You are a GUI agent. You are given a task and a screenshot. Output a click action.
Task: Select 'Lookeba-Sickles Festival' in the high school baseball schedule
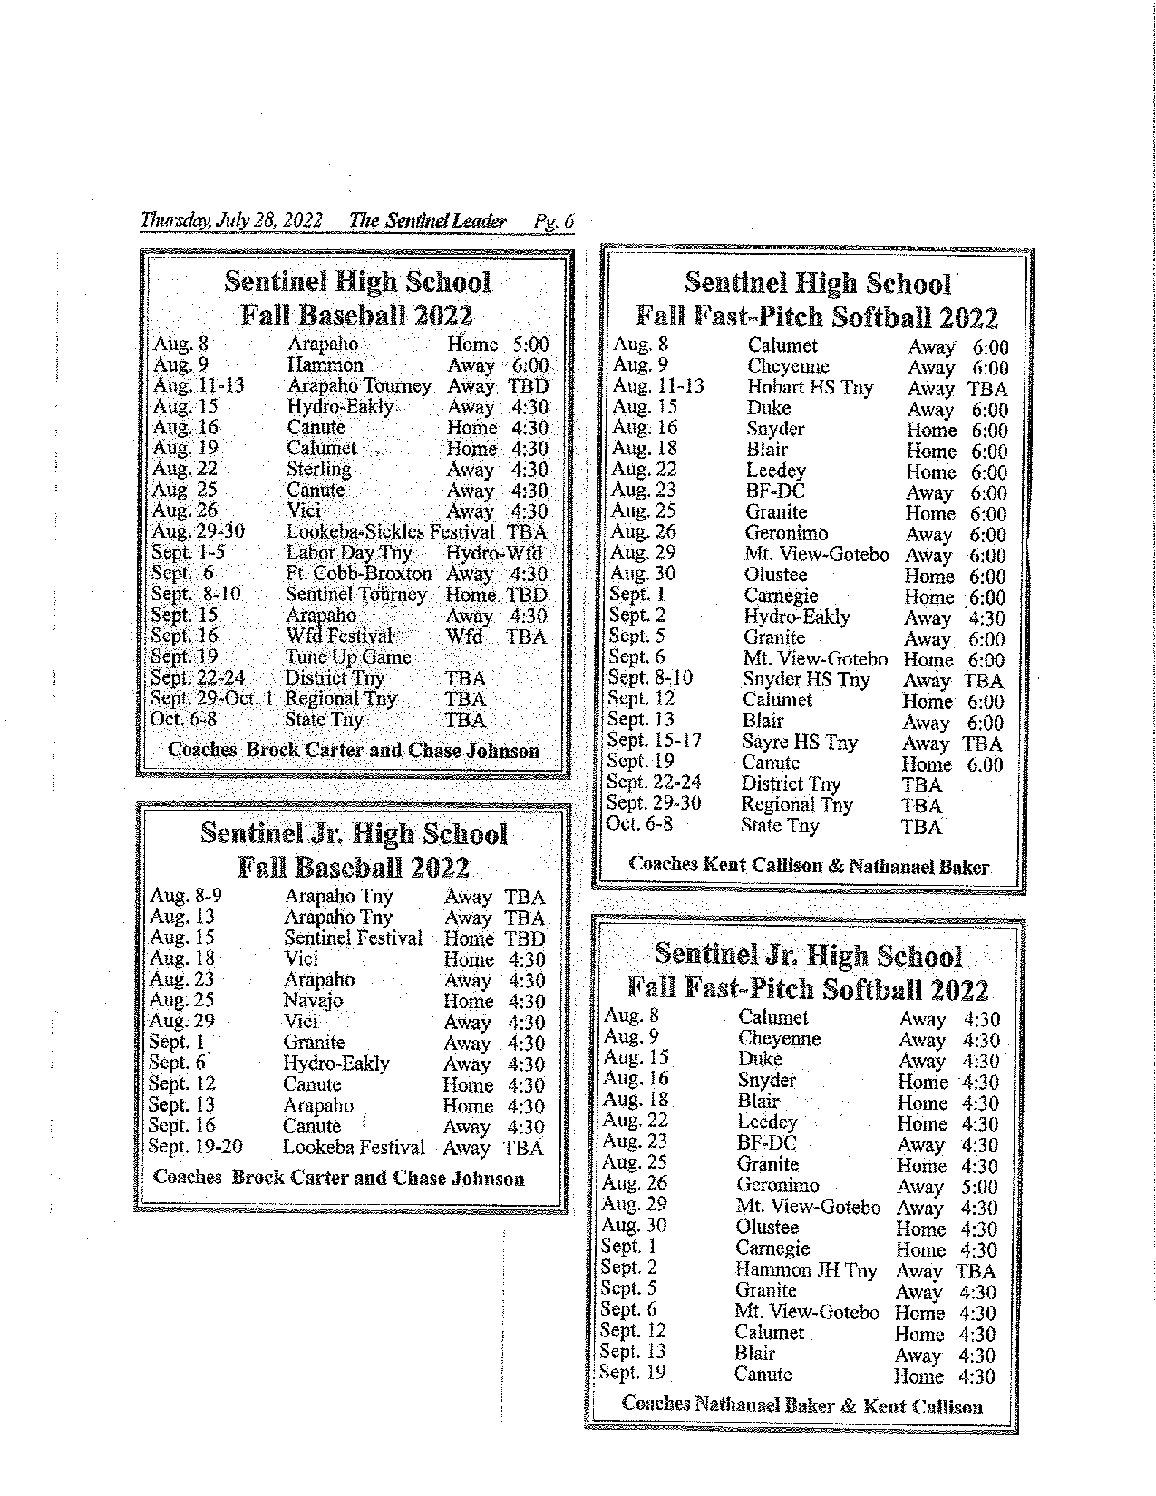(390, 532)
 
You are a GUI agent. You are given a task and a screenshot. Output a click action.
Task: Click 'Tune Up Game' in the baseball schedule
(348, 657)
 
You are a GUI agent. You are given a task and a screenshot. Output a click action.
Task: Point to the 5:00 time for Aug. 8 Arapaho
(530, 345)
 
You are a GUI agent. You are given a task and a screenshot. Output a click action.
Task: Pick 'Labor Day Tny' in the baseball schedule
(348, 553)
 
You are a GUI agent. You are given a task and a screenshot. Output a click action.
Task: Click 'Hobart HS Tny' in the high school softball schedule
(810, 388)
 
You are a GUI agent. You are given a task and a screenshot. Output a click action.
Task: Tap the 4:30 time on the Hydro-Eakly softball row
(986, 618)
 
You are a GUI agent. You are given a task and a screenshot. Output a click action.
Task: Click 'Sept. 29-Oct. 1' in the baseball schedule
(211, 699)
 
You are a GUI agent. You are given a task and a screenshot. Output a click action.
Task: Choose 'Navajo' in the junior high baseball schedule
(313, 1001)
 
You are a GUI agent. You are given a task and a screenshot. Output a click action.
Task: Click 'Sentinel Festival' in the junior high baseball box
(353, 938)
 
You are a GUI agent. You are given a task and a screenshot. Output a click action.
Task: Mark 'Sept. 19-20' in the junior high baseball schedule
(195, 1147)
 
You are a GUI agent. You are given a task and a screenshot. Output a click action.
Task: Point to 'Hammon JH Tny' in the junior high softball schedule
(806, 1270)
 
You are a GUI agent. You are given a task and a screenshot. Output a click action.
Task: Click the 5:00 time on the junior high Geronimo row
(979, 1187)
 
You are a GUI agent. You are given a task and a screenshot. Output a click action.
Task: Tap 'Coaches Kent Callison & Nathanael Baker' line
(809, 866)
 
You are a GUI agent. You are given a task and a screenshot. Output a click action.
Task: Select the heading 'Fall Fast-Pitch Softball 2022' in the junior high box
(807, 988)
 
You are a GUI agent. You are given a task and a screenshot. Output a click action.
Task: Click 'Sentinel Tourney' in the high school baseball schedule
(355, 595)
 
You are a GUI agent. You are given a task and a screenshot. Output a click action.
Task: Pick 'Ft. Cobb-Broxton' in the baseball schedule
(358, 574)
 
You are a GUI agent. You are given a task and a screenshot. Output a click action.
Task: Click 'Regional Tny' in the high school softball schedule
(796, 805)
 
